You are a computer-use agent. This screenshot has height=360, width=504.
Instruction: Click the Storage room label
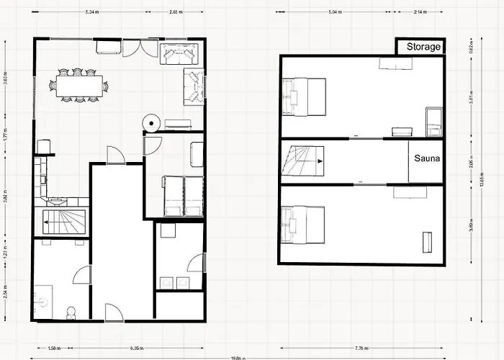423,47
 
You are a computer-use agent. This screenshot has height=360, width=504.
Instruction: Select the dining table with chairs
79,86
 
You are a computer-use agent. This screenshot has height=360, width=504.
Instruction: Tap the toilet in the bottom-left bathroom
70,312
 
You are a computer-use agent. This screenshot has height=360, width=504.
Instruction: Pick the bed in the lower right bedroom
304,225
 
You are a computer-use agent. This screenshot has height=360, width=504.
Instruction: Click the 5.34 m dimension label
91,13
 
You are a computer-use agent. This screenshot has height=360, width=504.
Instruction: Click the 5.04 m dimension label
333,13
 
